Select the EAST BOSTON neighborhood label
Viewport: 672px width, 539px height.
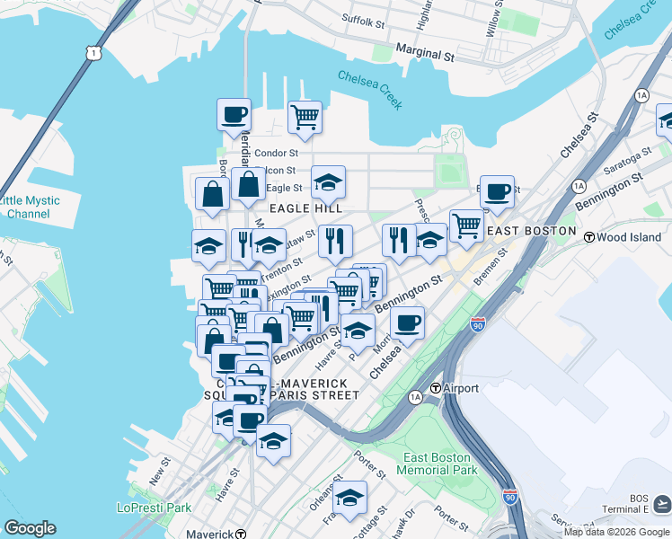point(530,231)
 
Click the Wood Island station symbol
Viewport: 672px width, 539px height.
point(589,237)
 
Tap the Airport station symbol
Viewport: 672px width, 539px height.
point(435,388)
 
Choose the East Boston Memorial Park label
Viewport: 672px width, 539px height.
point(438,464)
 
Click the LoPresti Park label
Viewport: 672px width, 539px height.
point(154,508)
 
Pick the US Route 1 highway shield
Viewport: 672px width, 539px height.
point(93,54)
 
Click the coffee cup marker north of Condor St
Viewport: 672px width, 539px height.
point(234,115)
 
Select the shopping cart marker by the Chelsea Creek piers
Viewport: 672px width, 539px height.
point(305,117)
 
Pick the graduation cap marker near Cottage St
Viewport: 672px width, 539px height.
point(350,497)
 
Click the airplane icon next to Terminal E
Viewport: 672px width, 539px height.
point(660,502)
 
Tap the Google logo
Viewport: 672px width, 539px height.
point(30,528)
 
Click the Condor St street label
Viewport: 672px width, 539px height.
point(276,154)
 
